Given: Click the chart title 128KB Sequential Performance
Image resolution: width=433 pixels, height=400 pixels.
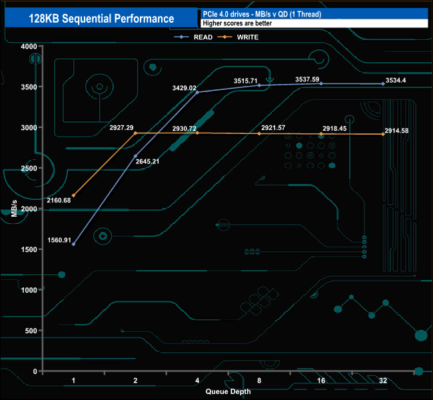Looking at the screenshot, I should (x=102, y=19).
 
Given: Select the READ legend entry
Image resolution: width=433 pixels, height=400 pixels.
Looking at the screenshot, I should (x=203, y=37).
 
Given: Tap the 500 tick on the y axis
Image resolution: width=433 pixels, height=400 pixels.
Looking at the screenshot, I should (x=29, y=331).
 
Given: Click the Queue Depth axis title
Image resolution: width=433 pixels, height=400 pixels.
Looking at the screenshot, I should (x=228, y=391).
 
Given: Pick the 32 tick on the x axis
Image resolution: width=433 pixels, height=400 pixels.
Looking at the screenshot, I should (x=383, y=380).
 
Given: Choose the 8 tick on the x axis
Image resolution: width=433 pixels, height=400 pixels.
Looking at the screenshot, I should (x=259, y=380).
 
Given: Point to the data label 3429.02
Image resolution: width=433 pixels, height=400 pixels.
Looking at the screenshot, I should (x=183, y=87).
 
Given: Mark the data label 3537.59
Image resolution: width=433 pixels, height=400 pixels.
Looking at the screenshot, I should (x=309, y=79).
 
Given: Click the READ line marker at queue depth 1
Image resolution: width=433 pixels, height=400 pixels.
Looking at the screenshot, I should (x=73, y=245).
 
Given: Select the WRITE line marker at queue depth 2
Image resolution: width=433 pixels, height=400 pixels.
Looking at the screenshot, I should (x=135, y=133).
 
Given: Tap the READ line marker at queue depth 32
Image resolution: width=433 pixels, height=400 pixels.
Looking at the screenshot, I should (x=383, y=84).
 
